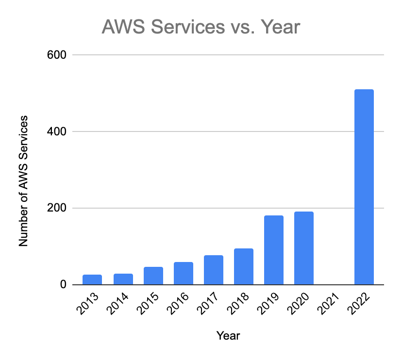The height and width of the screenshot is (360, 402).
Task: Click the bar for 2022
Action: pyautogui.click(x=364, y=187)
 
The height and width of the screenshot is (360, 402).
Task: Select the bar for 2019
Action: pyautogui.click(x=273, y=250)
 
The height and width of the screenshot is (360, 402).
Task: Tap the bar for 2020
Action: pyautogui.click(x=303, y=248)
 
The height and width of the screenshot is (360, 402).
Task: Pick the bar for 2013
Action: pyautogui.click(x=92, y=279)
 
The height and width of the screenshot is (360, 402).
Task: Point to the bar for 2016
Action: pyautogui.click(x=183, y=273)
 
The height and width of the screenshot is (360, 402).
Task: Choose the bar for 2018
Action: pyautogui.click(x=243, y=266)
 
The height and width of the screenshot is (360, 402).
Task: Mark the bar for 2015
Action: pyautogui.click(x=153, y=276)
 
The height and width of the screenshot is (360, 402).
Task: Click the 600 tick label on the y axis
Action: pyautogui.click(x=56, y=55)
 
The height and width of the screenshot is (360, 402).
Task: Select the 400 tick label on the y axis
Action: pyautogui.click(x=56, y=131)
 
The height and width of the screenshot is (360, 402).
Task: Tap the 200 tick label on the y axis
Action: pyautogui.click(x=56, y=208)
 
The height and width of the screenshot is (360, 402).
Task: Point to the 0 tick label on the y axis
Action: pyautogui.click(x=63, y=285)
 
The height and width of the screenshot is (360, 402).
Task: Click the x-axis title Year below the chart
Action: pyautogui.click(x=228, y=335)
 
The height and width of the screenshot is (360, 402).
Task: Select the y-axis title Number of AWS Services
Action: pyautogui.click(x=23, y=180)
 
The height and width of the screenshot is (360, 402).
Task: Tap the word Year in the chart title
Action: pyautogui.click(x=280, y=27)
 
